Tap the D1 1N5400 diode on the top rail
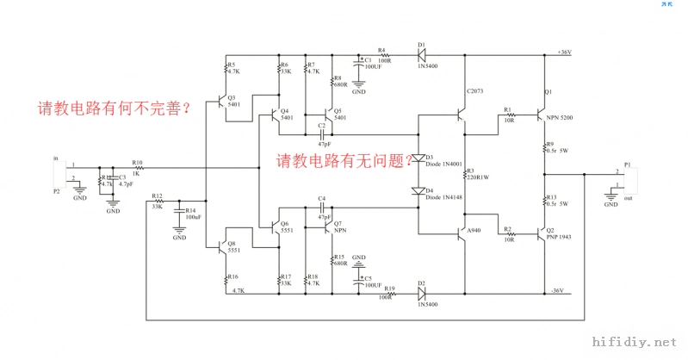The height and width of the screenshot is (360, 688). tap(421, 53)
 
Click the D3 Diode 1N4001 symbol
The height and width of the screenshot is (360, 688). tap(418, 158)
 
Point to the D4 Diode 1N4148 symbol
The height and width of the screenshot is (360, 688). tap(418, 190)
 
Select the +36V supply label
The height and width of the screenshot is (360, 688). tap(564, 53)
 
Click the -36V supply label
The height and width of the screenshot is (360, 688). tap(555, 291)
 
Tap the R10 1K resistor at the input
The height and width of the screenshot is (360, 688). tap(138, 167)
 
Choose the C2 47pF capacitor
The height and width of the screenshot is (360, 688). tap(322, 134)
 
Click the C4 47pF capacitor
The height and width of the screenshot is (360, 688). tap(322, 208)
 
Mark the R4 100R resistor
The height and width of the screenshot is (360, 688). tap(383, 53)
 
